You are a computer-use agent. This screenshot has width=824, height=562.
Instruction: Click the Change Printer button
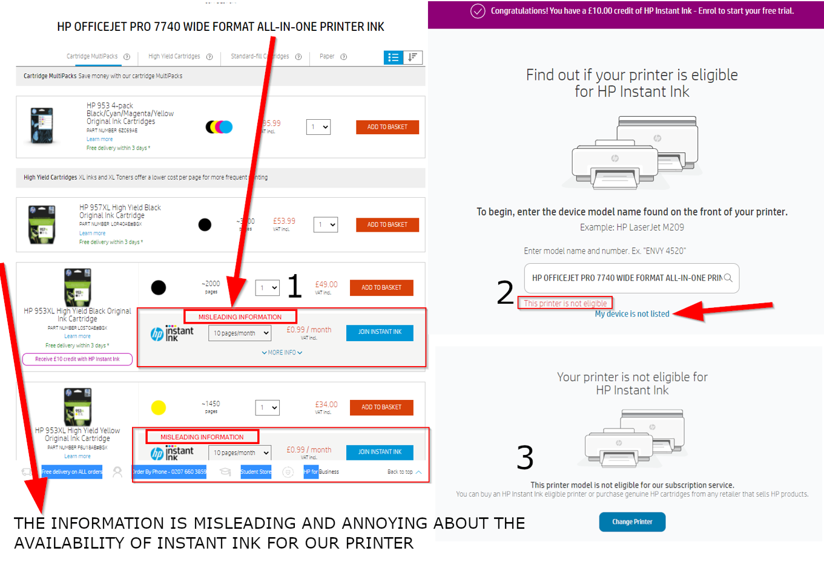coord(632,522)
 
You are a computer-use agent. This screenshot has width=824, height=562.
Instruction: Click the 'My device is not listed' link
coord(631,314)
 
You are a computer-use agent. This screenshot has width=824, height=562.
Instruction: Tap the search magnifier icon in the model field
coord(728,278)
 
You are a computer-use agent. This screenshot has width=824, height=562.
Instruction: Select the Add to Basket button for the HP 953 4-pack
coord(387,127)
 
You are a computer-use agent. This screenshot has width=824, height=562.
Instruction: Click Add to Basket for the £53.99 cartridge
coord(387,224)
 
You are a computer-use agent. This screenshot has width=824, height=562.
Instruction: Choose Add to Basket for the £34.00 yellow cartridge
coord(381,407)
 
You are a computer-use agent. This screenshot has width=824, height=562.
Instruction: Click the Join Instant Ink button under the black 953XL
coord(380,332)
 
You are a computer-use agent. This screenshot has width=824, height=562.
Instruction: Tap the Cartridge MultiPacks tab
coord(92,56)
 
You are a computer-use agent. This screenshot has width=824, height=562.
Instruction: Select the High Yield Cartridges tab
coord(174,56)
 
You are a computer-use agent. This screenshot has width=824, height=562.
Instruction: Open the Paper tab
coord(327,56)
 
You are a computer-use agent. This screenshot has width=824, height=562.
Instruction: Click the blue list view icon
coord(394,57)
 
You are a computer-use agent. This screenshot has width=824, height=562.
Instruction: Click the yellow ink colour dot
coord(159,408)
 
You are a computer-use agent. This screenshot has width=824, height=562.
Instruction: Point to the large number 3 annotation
coord(525,458)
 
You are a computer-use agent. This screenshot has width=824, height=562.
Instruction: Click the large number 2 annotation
coord(505,293)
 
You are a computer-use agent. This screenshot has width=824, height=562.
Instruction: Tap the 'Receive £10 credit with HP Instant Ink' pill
coord(77,359)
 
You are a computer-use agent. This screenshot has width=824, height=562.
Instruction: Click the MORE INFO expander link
coord(282,353)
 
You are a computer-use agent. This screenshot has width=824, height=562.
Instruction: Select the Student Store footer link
coord(255,472)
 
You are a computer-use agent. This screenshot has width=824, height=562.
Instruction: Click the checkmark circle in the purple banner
coord(478,11)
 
